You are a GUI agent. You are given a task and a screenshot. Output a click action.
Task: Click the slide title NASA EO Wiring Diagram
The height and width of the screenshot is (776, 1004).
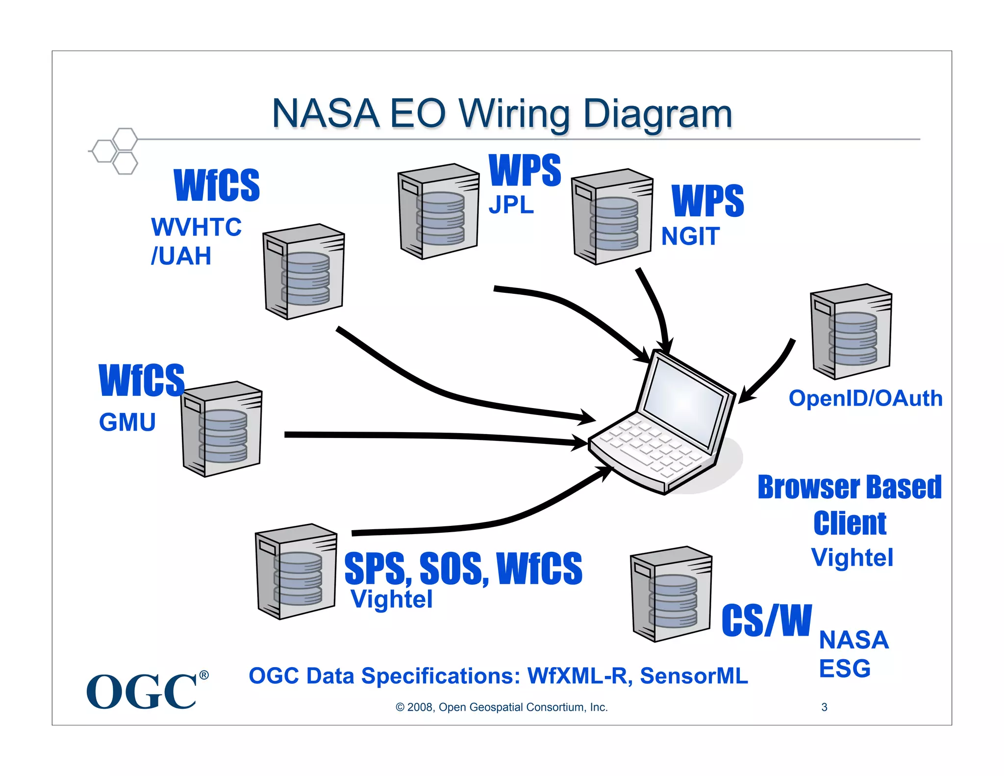click(x=502, y=114)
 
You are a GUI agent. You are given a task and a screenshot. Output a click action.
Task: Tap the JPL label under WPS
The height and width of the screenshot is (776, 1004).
click(x=511, y=205)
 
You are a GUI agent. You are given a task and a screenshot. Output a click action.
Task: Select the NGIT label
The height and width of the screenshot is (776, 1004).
click(x=690, y=236)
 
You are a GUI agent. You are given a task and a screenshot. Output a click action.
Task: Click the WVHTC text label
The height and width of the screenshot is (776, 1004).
click(x=196, y=227)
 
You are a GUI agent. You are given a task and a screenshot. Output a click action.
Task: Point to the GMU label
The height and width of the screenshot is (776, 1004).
click(x=127, y=422)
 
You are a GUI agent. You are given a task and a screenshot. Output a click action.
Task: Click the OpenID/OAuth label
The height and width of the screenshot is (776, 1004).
click(x=866, y=398)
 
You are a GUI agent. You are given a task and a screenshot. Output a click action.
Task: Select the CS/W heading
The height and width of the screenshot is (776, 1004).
click(x=767, y=621)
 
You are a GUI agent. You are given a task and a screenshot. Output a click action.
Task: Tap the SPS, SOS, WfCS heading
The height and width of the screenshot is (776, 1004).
click(x=463, y=569)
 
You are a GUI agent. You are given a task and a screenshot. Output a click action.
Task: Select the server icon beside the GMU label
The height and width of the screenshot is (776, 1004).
click(x=222, y=429)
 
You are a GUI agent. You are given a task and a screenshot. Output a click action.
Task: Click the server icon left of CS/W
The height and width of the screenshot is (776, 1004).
click(x=671, y=594)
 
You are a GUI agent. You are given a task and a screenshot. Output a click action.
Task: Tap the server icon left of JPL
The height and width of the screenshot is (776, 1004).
click(x=438, y=211)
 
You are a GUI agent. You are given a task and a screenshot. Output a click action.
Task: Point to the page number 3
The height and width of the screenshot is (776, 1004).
click(x=825, y=707)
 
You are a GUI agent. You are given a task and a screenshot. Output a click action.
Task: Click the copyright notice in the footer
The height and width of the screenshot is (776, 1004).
click(x=502, y=707)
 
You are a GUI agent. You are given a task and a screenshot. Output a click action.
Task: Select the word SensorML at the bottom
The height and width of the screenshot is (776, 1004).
click(x=694, y=676)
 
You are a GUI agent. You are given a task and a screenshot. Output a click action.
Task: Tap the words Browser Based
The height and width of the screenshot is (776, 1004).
click(x=850, y=487)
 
